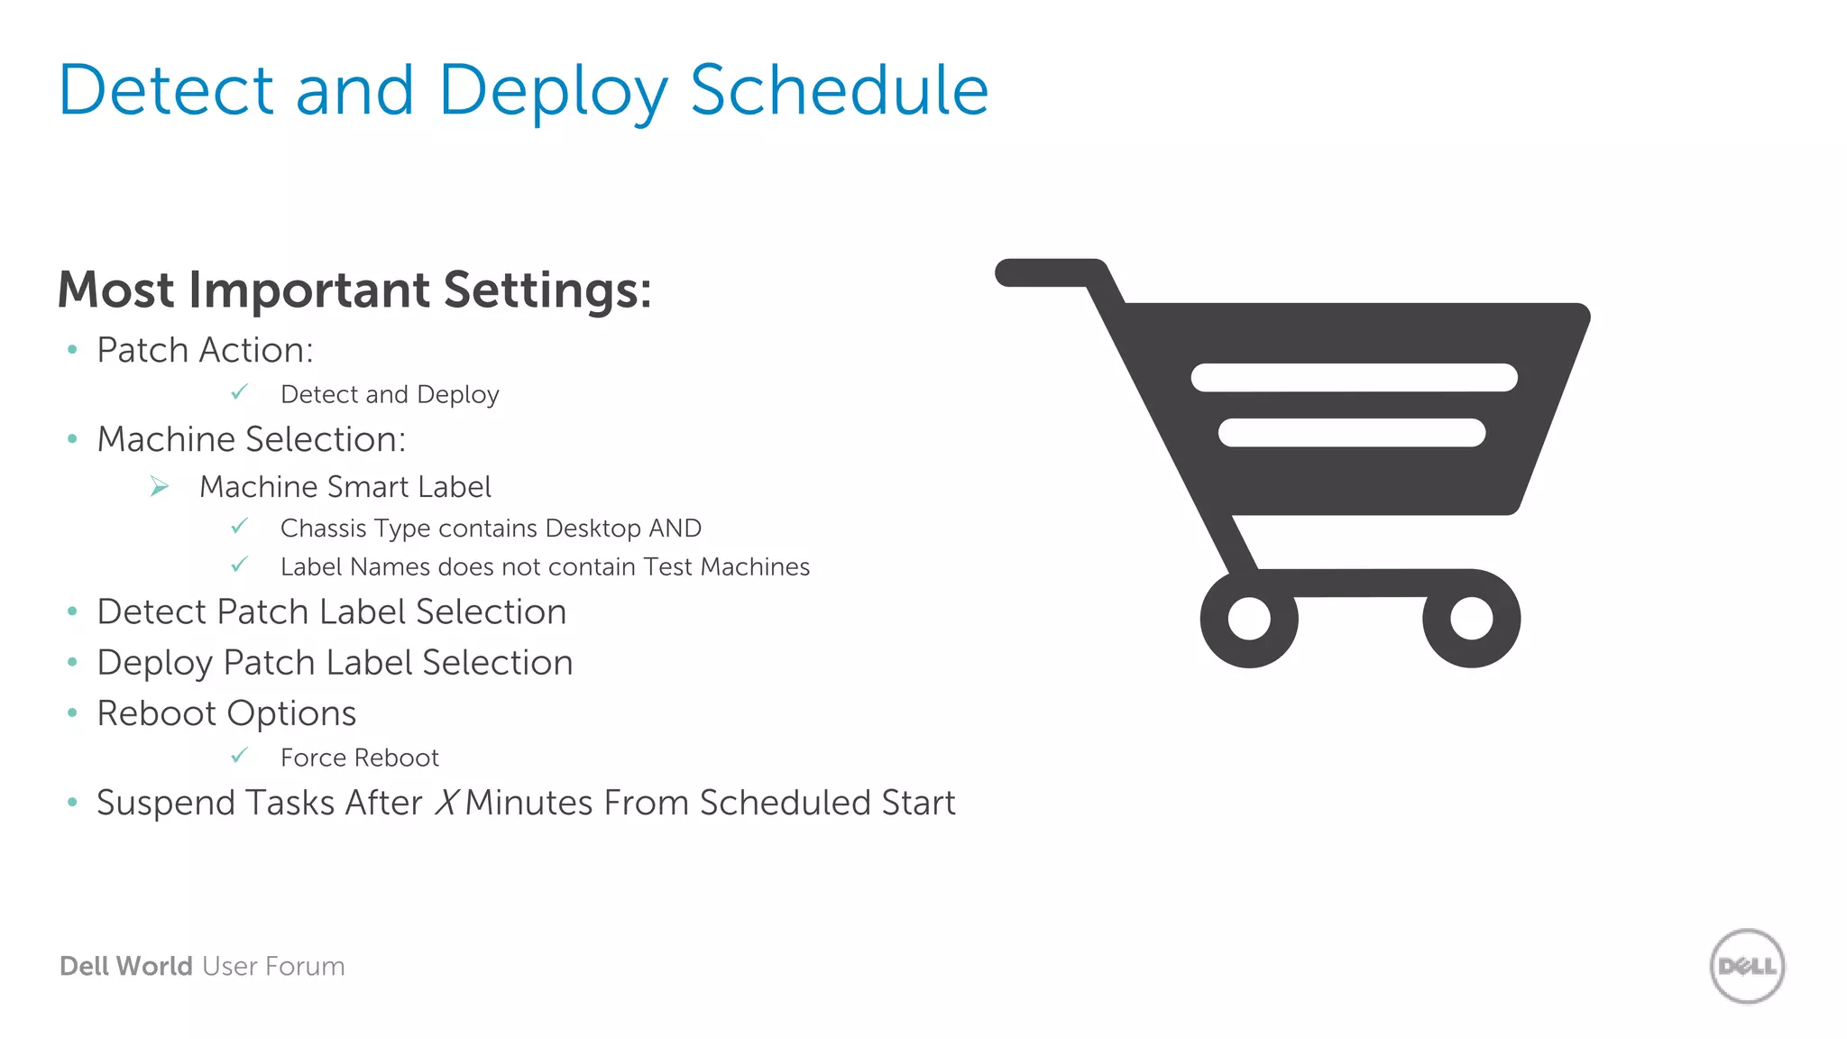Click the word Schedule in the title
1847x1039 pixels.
[x=839, y=90]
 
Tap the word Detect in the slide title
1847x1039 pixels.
[x=166, y=90]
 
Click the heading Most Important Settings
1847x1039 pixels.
[x=354, y=290]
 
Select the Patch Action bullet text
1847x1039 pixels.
[x=205, y=350]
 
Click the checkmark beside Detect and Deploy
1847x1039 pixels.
[x=239, y=392]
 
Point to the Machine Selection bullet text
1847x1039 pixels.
[x=251, y=439]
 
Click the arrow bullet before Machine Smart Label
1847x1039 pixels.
[x=160, y=487]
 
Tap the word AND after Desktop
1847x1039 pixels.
[x=675, y=528]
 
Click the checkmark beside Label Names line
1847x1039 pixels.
[x=239, y=565]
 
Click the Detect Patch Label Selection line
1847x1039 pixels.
[x=331, y=611]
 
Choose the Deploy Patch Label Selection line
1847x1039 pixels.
[x=335, y=662]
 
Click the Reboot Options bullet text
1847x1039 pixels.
[x=226, y=713]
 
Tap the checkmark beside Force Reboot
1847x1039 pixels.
[x=239, y=755]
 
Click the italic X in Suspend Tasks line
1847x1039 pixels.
[x=446, y=803]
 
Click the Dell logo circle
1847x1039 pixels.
[x=1747, y=966]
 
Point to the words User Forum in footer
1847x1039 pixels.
[x=273, y=966]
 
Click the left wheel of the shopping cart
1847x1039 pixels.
[x=1248, y=619]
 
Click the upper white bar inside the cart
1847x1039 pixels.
[x=1353, y=377]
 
